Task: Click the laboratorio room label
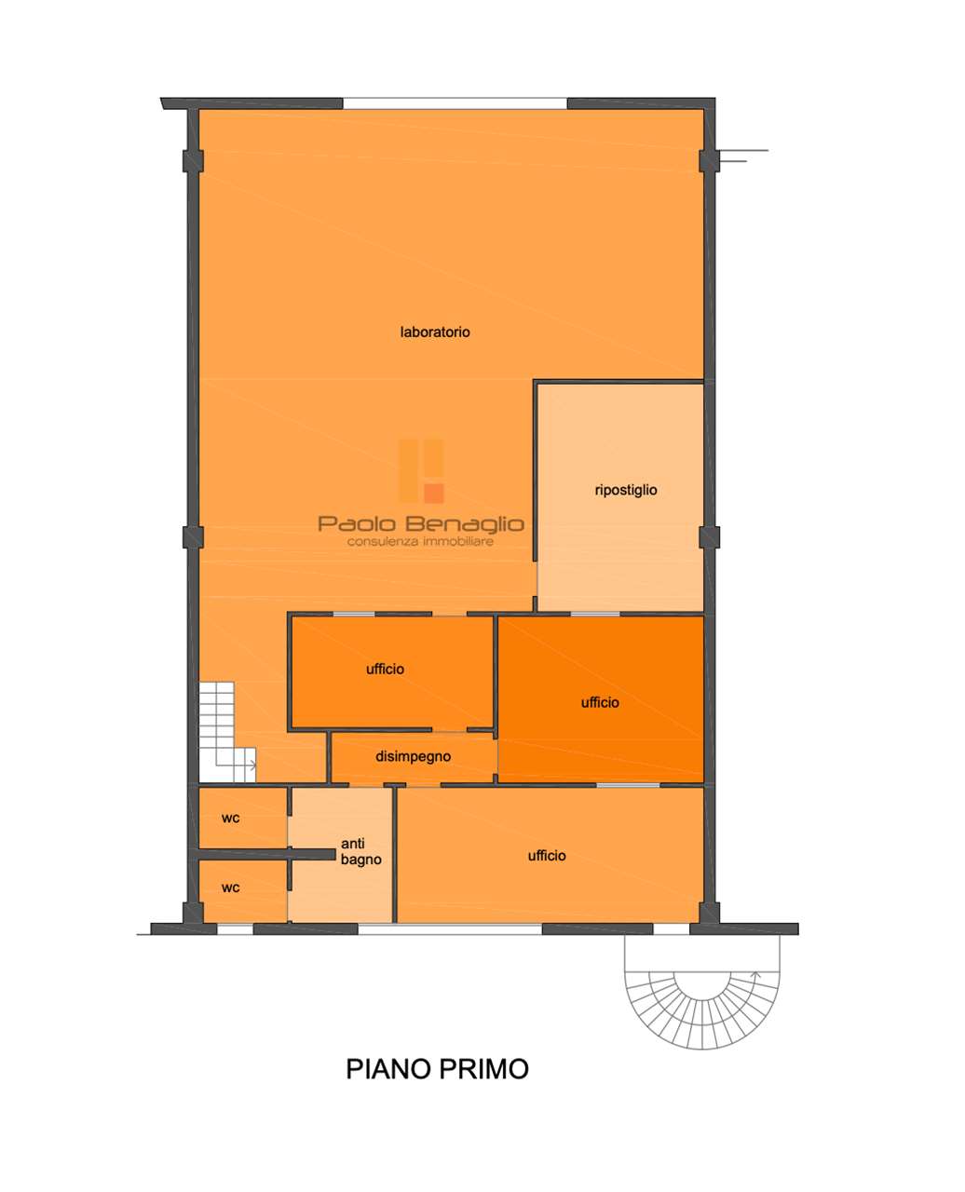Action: point(435,332)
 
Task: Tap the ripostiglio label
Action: point(626,490)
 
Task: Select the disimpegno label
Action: point(413,756)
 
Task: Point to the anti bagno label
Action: point(361,851)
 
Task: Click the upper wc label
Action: point(231,819)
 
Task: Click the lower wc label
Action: point(231,887)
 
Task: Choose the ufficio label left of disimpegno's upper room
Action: point(385,670)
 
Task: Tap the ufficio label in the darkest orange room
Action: point(600,703)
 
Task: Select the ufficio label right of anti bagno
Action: point(547,856)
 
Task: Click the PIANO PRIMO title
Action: point(437,1069)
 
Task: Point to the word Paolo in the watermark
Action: point(357,523)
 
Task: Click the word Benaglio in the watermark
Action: point(465,524)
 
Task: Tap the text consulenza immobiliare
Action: point(420,542)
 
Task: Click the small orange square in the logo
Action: point(434,493)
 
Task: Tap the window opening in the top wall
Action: point(455,103)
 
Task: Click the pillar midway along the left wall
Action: point(193,537)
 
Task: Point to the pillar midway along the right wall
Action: point(709,537)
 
